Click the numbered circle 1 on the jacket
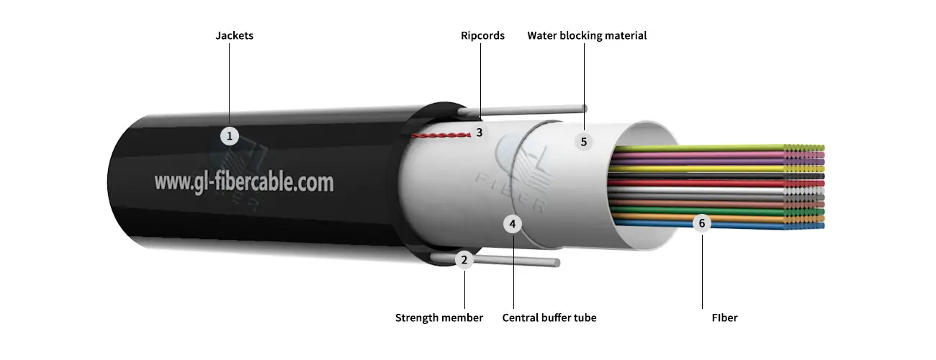pos(229,135)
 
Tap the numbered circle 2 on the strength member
pos(464,260)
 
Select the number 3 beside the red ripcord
pos(479,132)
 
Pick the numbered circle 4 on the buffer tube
pos(512,224)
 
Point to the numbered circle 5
pos(584,141)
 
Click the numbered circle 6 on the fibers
pos(702,222)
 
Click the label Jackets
pos(234,35)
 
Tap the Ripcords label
pos(482,35)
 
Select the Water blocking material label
pos(587,35)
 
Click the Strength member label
pos(439,318)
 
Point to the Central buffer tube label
pos(549,318)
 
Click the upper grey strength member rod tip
pos(583,109)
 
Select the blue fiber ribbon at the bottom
pos(720,226)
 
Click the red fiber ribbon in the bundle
pos(720,184)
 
